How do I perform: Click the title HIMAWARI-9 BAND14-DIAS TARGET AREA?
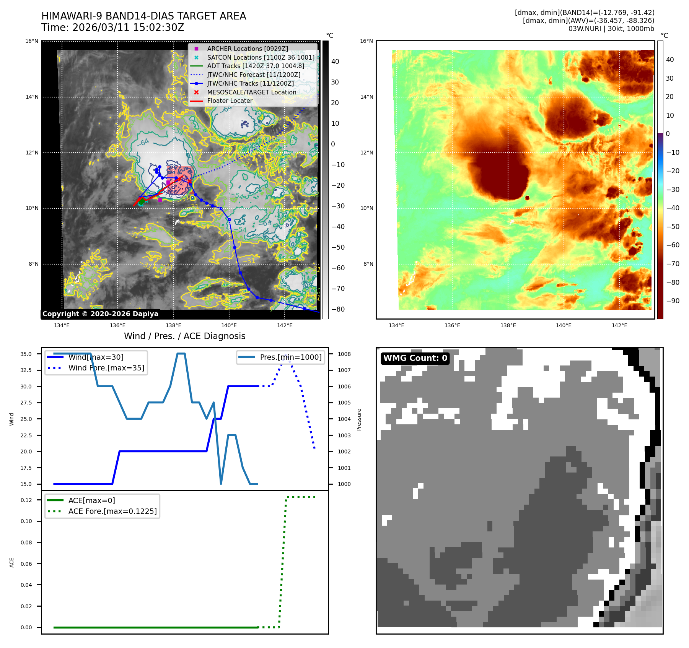click(143, 16)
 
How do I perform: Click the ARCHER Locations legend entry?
click(247, 49)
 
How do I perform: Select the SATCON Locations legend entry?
click(261, 57)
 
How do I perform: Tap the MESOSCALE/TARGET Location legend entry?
click(251, 92)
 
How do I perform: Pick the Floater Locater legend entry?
click(230, 101)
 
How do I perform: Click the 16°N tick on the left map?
click(32, 41)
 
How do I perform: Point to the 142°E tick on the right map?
click(619, 325)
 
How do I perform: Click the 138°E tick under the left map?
click(173, 325)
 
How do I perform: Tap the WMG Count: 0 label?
click(415, 358)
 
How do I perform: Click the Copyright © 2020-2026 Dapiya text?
click(100, 314)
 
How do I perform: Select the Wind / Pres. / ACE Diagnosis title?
click(184, 336)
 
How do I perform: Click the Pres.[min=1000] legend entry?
click(290, 357)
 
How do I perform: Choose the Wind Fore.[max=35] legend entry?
click(106, 368)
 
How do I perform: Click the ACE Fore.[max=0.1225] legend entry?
click(112, 511)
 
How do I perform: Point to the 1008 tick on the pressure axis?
click(344, 354)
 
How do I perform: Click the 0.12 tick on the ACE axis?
click(26, 500)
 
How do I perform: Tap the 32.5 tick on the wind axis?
click(26, 370)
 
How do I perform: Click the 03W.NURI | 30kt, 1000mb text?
click(611, 29)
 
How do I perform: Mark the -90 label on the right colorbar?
click(673, 301)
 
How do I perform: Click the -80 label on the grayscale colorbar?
click(338, 309)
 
